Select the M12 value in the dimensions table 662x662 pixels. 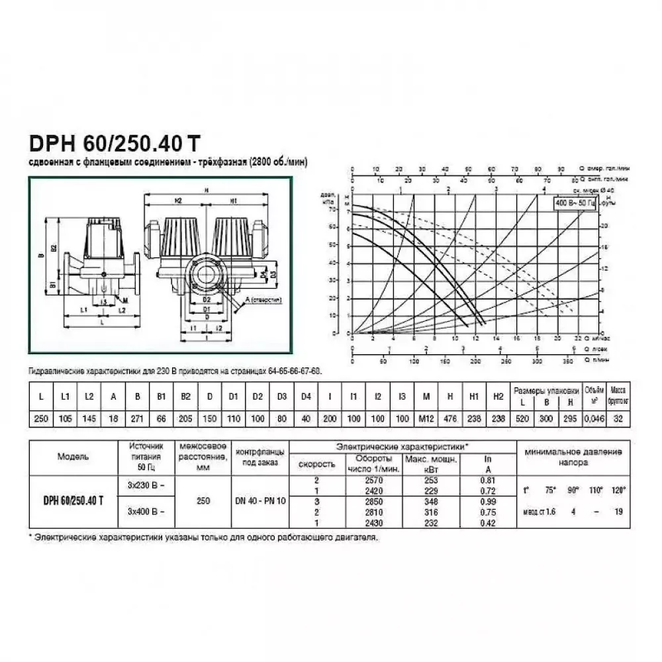pos(426,419)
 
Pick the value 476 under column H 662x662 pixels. pos(449,419)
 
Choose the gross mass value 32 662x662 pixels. pos(618,419)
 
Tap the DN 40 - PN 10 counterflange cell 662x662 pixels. pos(260,501)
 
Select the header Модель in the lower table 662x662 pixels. pos(73,456)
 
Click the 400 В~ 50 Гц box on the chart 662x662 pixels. pos(575,202)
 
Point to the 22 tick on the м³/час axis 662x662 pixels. pos(578,338)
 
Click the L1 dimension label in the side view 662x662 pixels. pos(84,309)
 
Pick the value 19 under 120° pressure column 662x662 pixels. pos(617,511)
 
